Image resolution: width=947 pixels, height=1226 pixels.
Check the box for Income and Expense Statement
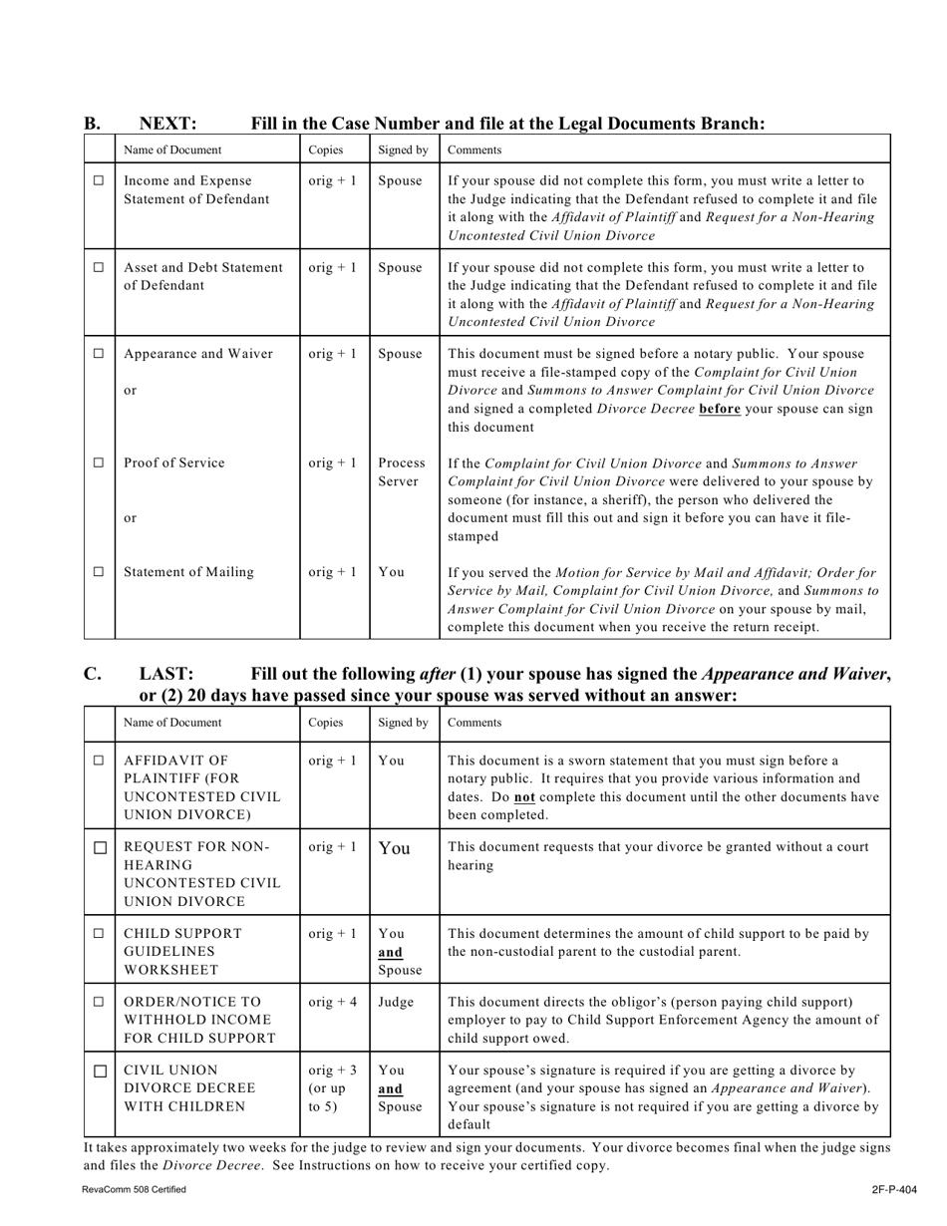[99, 181]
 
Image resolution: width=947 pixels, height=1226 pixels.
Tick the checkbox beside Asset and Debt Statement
[99, 268]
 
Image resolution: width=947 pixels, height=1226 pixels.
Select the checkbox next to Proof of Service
[99, 463]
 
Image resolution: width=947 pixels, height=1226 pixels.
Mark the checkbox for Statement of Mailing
[99, 572]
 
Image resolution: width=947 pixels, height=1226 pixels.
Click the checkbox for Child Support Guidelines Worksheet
[99, 934]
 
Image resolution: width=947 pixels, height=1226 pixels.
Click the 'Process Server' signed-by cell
[402, 472]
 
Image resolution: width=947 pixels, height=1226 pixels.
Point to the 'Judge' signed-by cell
[396, 1002]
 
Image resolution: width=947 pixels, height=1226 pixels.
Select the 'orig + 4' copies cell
[333, 1002]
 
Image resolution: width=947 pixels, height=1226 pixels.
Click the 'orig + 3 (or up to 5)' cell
[333, 1088]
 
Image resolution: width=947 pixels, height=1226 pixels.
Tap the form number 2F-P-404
[893, 1189]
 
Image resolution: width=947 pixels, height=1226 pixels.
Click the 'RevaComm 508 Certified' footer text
[134, 1189]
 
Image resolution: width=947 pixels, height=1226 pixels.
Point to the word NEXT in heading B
[167, 124]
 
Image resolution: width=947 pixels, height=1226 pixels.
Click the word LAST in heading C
[165, 675]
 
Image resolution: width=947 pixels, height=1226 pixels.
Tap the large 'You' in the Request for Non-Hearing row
[394, 849]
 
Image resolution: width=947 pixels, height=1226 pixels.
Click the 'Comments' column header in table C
[474, 723]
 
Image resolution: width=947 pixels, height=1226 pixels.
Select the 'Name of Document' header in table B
[172, 150]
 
